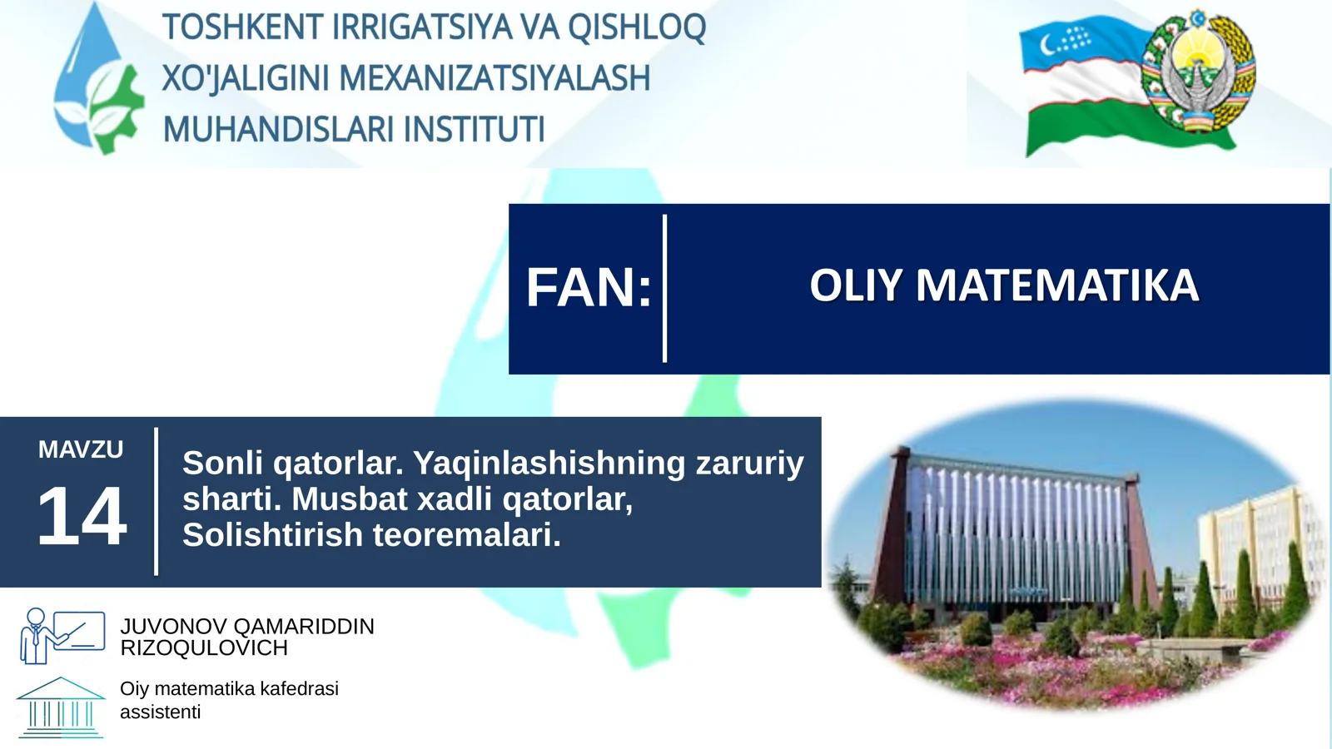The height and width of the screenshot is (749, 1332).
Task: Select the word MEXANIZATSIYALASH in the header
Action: tap(495, 78)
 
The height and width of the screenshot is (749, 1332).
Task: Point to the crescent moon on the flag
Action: tap(1050, 43)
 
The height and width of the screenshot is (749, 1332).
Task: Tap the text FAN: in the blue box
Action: tap(588, 288)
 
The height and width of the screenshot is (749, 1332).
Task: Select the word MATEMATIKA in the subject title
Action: tap(1057, 285)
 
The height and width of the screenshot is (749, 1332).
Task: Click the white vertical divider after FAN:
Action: tap(664, 288)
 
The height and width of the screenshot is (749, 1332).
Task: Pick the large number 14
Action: tap(81, 517)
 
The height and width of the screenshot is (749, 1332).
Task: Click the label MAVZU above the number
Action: tap(81, 449)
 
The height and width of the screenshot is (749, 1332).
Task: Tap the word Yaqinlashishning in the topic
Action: tap(549, 463)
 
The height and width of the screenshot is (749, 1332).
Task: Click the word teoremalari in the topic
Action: tap(465, 535)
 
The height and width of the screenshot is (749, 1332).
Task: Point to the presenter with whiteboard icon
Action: tap(62, 635)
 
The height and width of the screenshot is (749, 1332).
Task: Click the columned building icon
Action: tap(61, 708)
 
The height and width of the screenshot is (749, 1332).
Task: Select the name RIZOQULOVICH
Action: tap(204, 648)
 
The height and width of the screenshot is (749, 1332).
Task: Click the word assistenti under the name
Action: tap(160, 712)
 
